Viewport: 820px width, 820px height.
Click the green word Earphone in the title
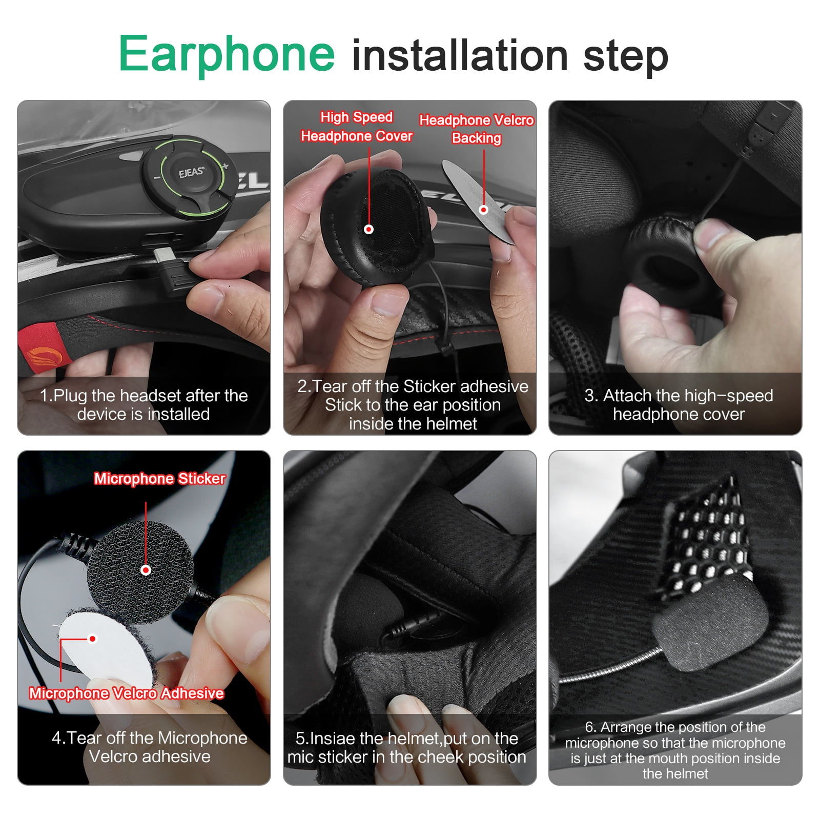point(227,54)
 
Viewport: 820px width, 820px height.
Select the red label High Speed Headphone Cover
point(357,127)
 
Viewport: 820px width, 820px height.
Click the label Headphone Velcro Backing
point(476,129)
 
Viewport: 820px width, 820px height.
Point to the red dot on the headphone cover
point(368,229)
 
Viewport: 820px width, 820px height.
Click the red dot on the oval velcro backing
point(483,210)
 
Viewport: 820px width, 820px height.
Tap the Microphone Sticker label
point(159,479)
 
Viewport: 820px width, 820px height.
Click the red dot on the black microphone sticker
point(146,570)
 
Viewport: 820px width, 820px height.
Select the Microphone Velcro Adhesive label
point(126,693)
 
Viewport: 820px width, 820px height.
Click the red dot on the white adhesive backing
point(93,639)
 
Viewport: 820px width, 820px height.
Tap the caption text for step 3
point(678,405)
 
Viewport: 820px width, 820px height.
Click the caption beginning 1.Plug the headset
point(143,405)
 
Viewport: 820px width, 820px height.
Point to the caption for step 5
point(407,748)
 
